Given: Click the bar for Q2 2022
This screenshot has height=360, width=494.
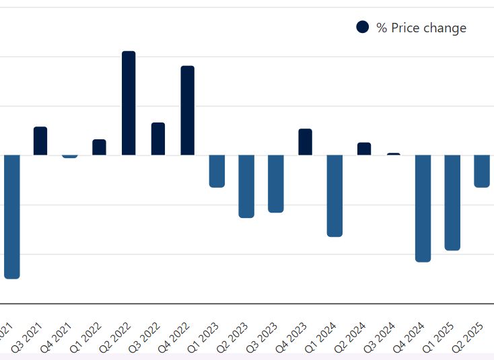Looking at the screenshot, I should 129,103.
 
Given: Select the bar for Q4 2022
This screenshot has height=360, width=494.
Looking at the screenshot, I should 187,110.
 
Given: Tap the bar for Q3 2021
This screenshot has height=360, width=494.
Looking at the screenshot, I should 40,141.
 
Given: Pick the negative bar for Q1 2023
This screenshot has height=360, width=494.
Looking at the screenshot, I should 217,171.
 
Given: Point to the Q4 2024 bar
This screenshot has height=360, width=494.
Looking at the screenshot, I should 423,208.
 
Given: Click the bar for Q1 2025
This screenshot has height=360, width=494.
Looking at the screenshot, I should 452,203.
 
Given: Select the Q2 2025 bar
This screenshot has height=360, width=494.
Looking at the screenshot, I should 482,171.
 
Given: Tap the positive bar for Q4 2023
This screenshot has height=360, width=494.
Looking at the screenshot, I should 305,142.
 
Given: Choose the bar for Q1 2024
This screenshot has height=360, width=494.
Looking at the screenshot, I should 334,196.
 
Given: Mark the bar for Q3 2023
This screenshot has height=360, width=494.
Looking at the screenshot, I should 275,184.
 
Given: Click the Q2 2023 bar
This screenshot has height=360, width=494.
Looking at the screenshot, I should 246,186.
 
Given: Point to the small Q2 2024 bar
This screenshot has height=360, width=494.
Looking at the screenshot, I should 364,149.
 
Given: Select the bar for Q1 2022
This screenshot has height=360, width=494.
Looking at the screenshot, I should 99,147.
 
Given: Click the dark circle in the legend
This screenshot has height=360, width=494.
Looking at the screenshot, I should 363,27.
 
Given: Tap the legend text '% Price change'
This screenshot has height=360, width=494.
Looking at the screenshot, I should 421,28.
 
